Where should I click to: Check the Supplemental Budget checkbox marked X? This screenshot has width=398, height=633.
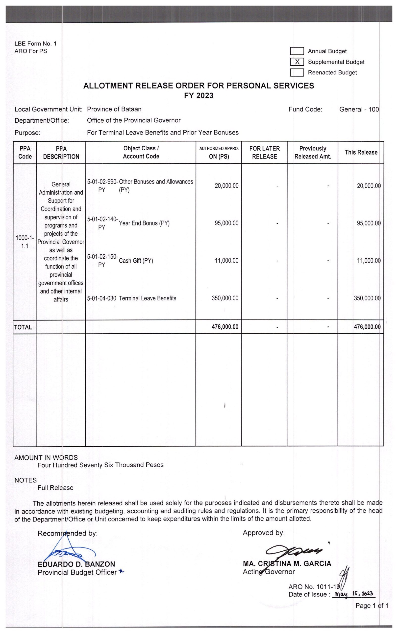pyautogui.click(x=297, y=62)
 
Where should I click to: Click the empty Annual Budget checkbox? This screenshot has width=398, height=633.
pyautogui.click(x=297, y=51)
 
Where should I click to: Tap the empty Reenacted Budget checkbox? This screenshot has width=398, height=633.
pyautogui.click(x=297, y=72)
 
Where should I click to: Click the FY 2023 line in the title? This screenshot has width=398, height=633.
pyautogui.click(x=199, y=95)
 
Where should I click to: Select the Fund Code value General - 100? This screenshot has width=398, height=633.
pyautogui.click(x=359, y=109)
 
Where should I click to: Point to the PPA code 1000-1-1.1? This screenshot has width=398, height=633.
pyautogui.click(x=25, y=242)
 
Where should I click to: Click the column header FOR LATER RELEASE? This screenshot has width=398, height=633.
pyautogui.click(x=264, y=153)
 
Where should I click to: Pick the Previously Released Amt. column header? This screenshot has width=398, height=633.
pyautogui.click(x=313, y=153)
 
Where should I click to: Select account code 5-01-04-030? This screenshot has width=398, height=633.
pyautogui.click(x=101, y=298)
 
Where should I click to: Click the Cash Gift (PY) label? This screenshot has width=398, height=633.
pyautogui.click(x=136, y=261)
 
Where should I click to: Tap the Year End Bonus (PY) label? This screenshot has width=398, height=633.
pyautogui.click(x=144, y=223)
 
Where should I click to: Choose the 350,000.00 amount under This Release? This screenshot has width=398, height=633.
pyautogui.click(x=367, y=298)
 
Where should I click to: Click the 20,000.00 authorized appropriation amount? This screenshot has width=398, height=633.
pyautogui.click(x=226, y=186)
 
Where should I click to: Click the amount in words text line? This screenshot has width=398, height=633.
pyautogui.click(x=100, y=465)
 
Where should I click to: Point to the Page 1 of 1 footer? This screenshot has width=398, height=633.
pyautogui.click(x=372, y=606)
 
